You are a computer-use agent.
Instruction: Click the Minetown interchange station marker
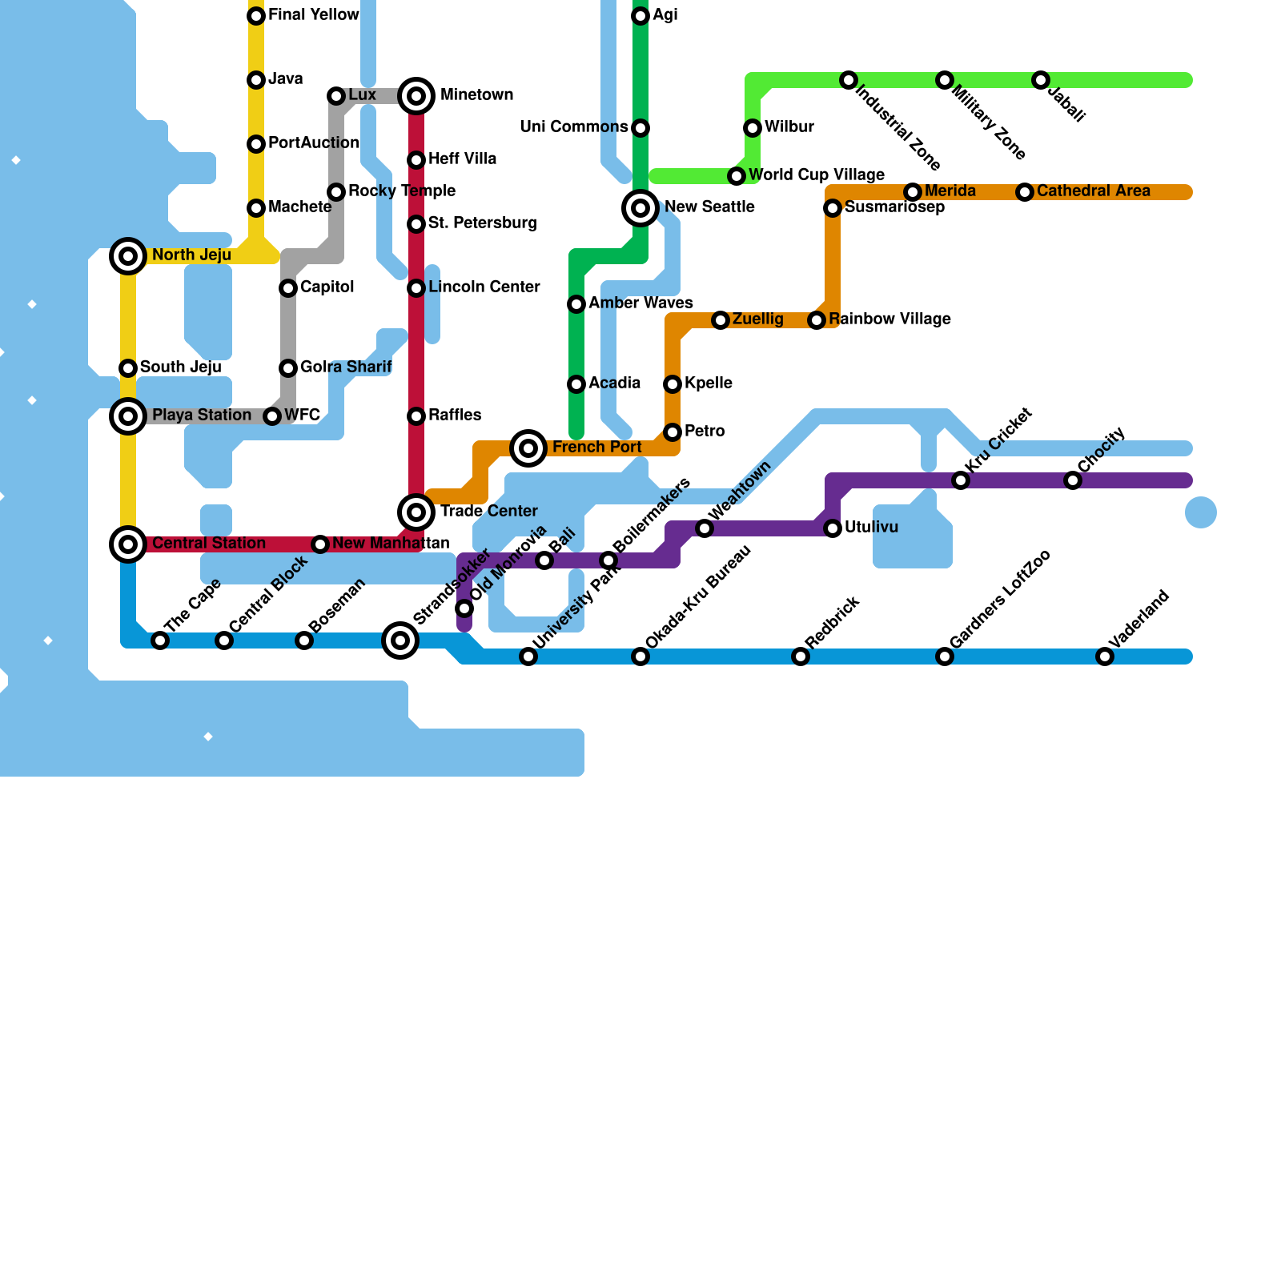tap(416, 96)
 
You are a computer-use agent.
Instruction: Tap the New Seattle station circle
tap(640, 208)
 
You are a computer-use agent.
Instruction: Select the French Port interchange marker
tap(528, 448)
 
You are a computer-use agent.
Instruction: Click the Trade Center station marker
tap(416, 512)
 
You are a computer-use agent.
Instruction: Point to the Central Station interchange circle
tap(128, 544)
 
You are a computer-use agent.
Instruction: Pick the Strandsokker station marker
tap(400, 640)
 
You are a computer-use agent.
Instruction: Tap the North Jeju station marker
tap(128, 256)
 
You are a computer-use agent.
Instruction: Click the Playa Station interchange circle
tap(128, 416)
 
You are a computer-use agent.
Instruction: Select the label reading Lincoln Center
tap(484, 287)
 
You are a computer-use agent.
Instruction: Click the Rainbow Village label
tap(889, 319)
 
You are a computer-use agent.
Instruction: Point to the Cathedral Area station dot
tap(1025, 192)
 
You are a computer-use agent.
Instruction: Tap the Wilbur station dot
tap(753, 128)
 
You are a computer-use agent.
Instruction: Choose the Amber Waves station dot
tap(576, 304)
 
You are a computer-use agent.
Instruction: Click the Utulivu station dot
tap(833, 528)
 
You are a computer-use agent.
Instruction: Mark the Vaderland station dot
tap(1105, 657)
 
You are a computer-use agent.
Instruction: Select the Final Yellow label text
tap(313, 15)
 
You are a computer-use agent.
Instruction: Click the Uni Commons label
tap(573, 127)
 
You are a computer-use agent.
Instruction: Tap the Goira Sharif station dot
tap(288, 368)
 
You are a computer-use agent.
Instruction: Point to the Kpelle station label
tap(708, 383)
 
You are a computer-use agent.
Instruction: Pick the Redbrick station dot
tap(801, 657)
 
